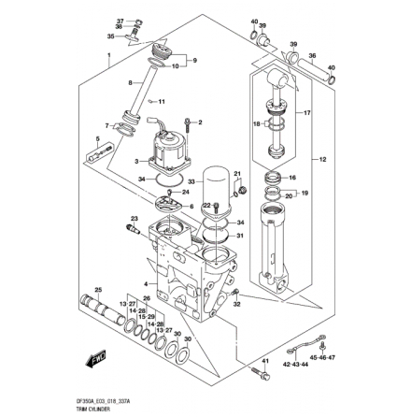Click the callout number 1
coord(108,57)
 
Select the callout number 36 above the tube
coord(120,27)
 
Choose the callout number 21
coord(237,174)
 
